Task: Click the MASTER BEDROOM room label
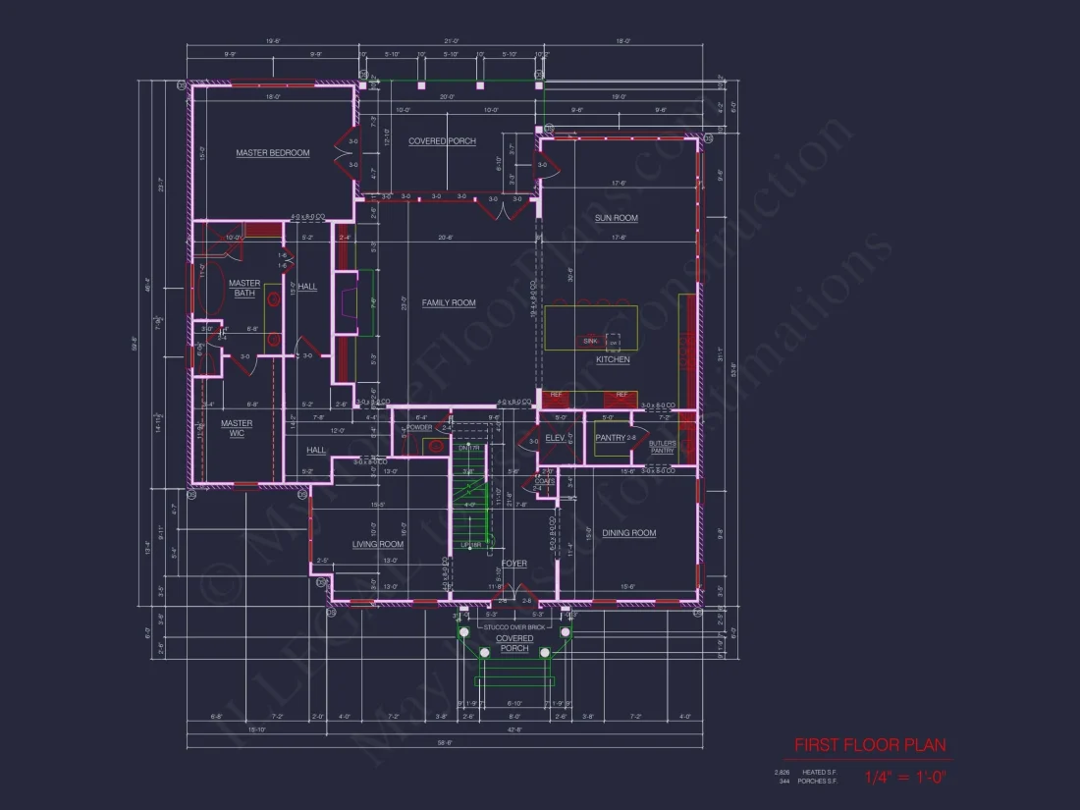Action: (272, 153)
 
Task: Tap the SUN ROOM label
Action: (617, 218)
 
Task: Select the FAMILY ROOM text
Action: (449, 303)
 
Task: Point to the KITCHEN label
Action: (613, 360)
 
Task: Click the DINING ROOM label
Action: (628, 533)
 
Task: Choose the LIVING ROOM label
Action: (378, 544)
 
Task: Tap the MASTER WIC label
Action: (237, 429)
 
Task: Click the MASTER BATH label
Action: (244, 289)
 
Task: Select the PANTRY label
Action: (610, 438)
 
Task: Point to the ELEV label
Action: (553, 438)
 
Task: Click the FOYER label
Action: (513, 564)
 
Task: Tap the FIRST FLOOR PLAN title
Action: (870, 745)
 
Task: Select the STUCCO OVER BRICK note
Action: (513, 625)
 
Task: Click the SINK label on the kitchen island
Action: (590, 341)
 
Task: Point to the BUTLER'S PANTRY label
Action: (662, 447)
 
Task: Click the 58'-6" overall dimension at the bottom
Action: (444, 743)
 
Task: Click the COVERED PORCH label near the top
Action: (442, 141)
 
